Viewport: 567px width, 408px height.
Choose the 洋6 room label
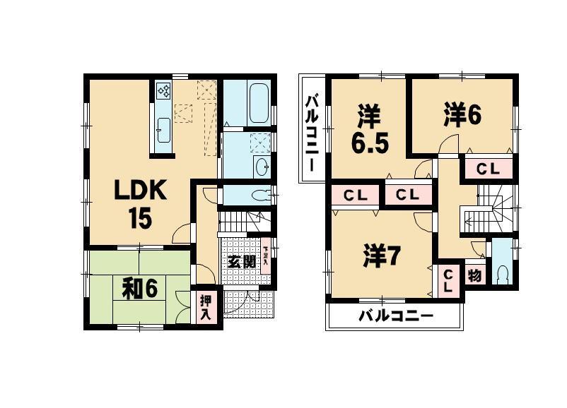tap(463, 114)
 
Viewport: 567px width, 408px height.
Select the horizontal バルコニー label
tap(395, 316)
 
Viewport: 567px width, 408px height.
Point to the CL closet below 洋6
tap(487, 169)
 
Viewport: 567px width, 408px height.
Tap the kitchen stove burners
tap(163, 91)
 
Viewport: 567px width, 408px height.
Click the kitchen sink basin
tap(163, 129)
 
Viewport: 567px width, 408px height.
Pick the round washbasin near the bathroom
tap(261, 167)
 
